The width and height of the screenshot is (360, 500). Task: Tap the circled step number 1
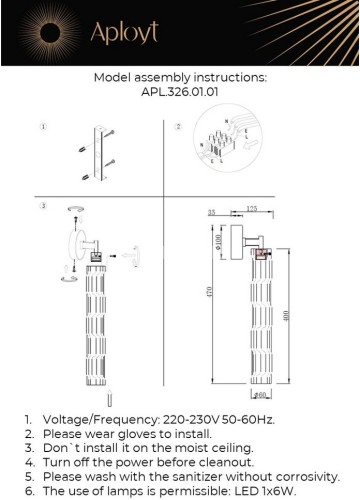click(43, 128)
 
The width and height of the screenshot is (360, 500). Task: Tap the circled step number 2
click(179, 128)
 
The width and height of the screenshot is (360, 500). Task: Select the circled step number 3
click(43, 206)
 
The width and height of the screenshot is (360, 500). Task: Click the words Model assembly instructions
click(180, 77)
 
